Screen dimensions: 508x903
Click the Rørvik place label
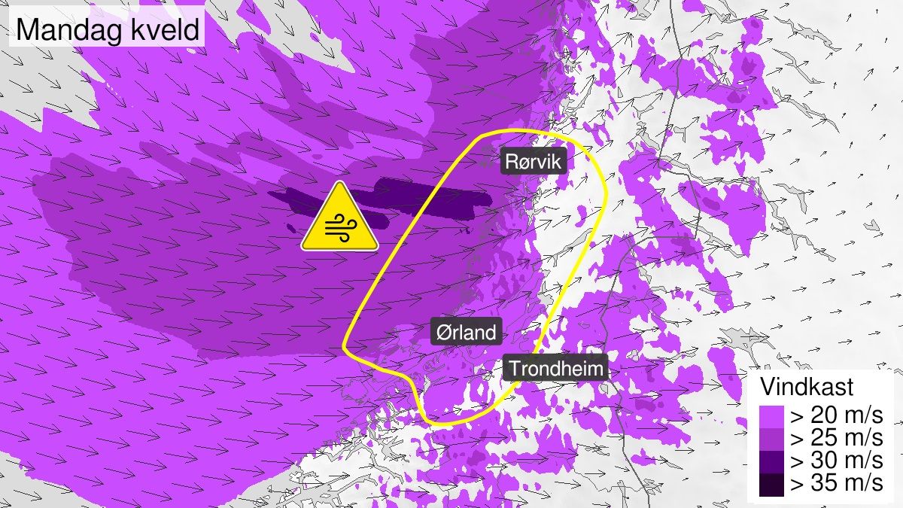coord(534,161)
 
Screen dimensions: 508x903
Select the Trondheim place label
coord(555,369)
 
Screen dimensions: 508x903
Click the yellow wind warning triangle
coord(340,219)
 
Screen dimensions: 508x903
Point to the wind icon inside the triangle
coord(340,227)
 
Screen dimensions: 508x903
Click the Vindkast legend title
coord(806,388)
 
